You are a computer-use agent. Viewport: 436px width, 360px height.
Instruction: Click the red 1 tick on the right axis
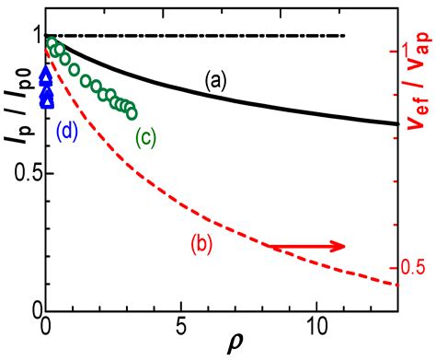point(411,51)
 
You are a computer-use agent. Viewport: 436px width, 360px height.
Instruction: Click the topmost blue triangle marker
point(47,78)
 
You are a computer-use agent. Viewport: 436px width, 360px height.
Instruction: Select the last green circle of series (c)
point(132,114)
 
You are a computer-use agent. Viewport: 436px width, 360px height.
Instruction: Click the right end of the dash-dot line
point(345,36)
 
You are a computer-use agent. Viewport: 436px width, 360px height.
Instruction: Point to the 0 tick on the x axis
point(46,327)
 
